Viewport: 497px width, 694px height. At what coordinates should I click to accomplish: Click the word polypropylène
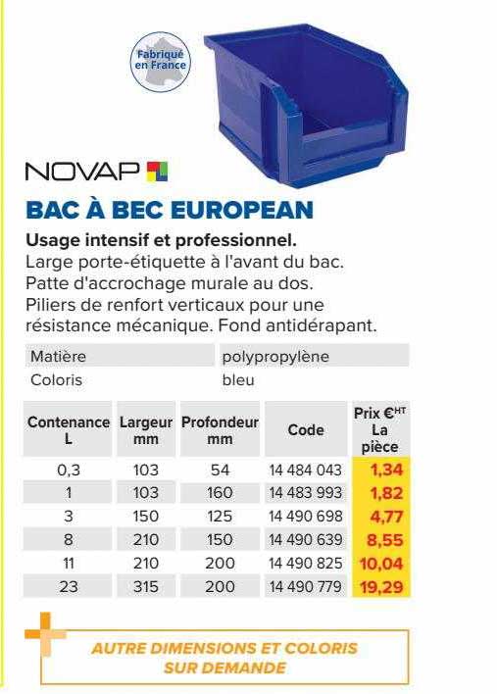(x=275, y=356)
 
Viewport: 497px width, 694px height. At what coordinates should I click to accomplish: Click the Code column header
(x=305, y=429)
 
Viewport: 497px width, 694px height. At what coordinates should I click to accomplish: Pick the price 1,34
(x=385, y=470)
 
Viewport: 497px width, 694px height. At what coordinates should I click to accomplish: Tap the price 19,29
(x=381, y=587)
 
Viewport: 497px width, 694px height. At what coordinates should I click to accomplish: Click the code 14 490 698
(x=305, y=517)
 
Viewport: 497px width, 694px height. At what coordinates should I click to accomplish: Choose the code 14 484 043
(x=305, y=470)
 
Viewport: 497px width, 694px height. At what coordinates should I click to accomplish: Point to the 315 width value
(x=146, y=587)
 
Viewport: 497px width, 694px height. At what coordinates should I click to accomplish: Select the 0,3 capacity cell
(x=68, y=470)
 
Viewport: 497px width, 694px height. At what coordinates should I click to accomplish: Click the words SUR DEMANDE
(x=225, y=668)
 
